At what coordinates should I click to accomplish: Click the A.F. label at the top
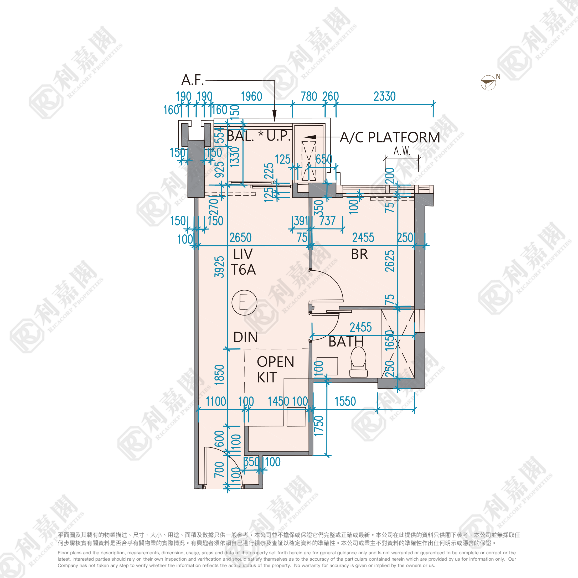[x=192, y=80]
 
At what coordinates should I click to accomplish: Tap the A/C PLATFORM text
[x=390, y=137]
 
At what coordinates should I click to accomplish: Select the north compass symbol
[x=488, y=82]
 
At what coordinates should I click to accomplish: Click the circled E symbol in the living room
[x=244, y=302]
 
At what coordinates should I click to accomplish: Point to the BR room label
[x=359, y=254]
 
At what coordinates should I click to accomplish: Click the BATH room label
[x=346, y=341]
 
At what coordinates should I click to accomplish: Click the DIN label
[x=245, y=337]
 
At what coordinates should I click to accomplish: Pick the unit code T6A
[x=243, y=270]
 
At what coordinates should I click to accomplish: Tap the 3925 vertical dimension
[x=219, y=267]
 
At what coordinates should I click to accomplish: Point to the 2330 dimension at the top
[x=384, y=96]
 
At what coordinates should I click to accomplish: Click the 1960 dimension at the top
[x=251, y=96]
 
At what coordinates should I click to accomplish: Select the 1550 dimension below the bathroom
[x=345, y=401]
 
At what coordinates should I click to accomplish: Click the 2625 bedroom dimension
[x=390, y=261]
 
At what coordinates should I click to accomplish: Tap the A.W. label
[x=402, y=151]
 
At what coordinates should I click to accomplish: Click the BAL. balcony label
[x=240, y=136]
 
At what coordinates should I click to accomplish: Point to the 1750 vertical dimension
[x=319, y=426]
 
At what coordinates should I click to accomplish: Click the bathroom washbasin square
[x=327, y=366]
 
